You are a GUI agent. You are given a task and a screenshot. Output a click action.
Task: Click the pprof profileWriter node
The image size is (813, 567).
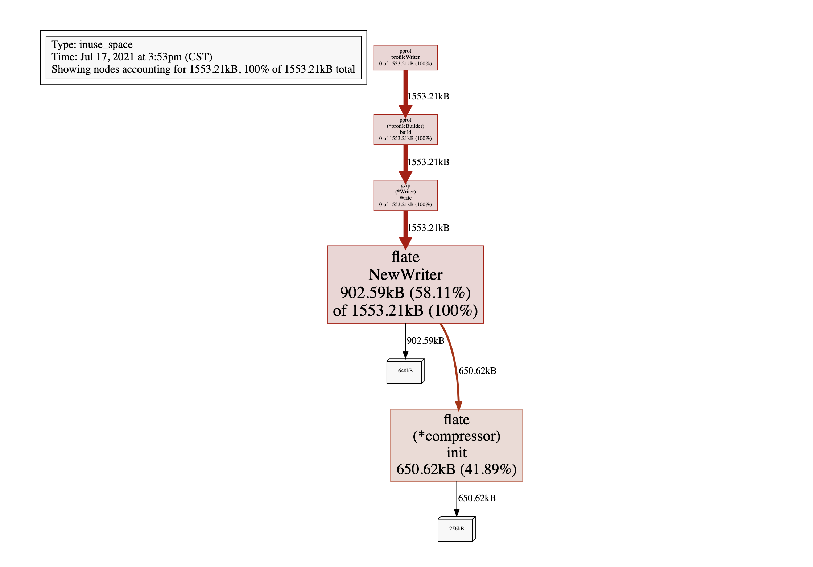click(405, 57)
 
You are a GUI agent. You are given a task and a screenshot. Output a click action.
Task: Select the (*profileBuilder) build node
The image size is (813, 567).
click(405, 129)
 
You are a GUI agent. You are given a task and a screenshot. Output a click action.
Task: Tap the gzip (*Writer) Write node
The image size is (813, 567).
click(405, 195)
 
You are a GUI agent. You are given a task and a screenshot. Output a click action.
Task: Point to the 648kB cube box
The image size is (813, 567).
click(405, 371)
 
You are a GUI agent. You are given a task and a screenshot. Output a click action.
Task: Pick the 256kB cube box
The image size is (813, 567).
click(456, 529)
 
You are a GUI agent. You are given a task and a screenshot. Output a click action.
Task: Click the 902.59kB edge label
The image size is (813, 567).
click(425, 340)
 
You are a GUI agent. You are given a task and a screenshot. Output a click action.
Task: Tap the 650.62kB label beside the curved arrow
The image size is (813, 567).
click(477, 371)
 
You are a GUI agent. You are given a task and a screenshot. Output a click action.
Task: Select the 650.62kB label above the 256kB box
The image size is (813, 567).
click(476, 498)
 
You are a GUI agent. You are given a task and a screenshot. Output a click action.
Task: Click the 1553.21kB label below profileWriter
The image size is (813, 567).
click(428, 96)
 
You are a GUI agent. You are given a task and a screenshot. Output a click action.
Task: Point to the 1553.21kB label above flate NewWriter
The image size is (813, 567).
click(428, 228)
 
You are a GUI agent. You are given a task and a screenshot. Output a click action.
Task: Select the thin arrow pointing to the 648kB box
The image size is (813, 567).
click(405, 341)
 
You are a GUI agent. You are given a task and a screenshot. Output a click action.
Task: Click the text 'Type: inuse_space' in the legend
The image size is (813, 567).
click(92, 45)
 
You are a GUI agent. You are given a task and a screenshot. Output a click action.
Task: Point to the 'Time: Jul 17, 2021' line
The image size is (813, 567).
click(132, 57)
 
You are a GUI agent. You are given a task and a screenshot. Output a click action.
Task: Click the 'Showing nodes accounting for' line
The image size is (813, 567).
click(203, 69)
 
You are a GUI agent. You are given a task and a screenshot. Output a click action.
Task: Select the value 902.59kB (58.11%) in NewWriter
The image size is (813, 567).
click(405, 293)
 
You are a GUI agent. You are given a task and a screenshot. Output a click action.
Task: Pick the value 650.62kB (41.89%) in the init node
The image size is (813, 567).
click(456, 469)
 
